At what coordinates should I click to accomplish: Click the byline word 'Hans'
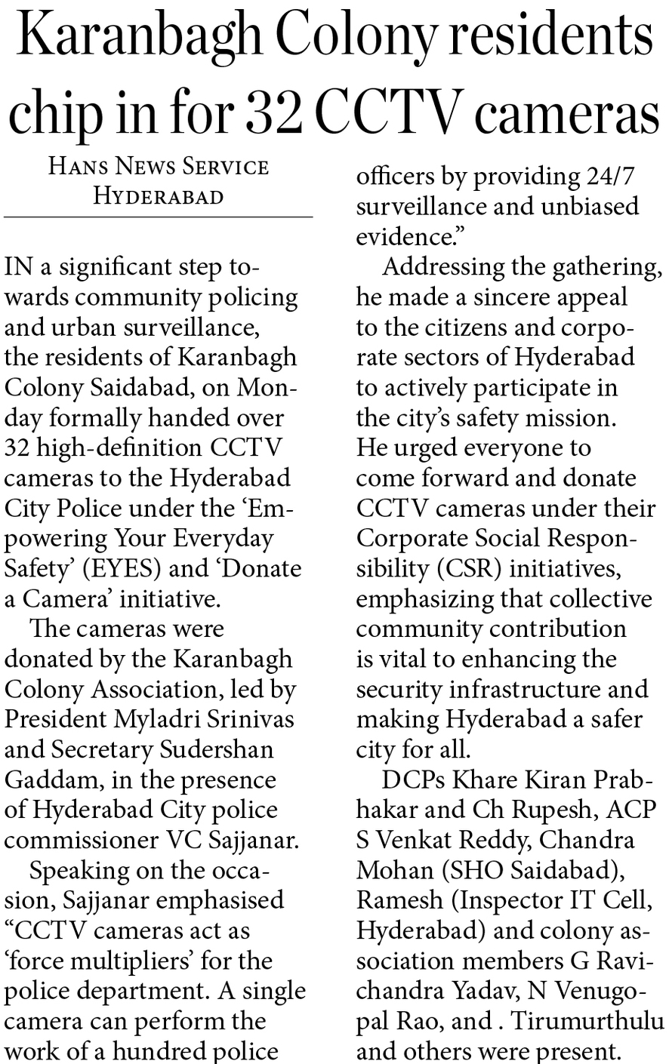[78, 166]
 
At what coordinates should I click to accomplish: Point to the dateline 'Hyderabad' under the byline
[158, 196]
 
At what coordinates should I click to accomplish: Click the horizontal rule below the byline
[158, 217]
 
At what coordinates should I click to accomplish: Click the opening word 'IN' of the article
[18, 267]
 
